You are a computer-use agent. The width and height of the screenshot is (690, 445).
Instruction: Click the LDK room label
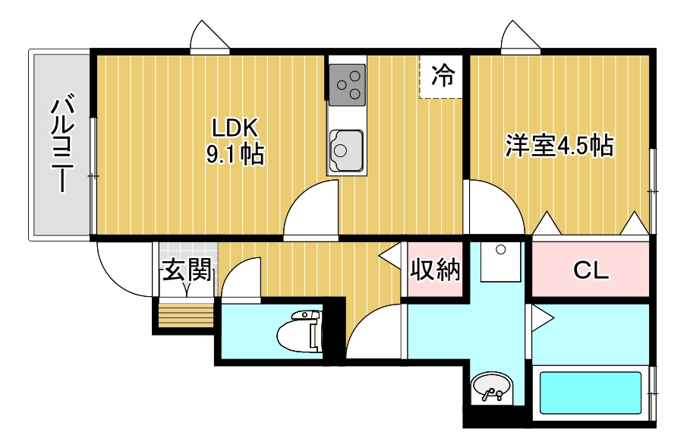click(x=236, y=126)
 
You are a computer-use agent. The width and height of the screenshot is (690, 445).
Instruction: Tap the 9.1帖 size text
click(x=236, y=155)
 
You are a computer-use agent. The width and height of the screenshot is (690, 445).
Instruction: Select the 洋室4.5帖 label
click(x=559, y=145)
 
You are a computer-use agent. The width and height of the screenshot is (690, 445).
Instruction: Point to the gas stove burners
click(x=347, y=83)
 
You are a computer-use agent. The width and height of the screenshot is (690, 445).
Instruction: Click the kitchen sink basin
click(x=345, y=150)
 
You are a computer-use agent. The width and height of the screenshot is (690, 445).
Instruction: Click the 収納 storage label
click(x=436, y=269)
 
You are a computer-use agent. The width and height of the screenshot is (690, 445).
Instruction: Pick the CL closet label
click(x=591, y=270)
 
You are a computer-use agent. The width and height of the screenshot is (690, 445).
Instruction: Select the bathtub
click(x=590, y=393)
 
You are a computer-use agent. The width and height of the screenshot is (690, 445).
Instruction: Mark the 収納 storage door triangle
click(x=392, y=255)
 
